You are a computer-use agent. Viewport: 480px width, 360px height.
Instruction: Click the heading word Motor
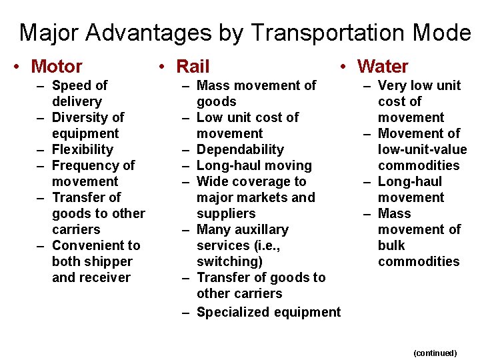point(57,67)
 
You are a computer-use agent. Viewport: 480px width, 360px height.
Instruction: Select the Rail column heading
point(193,67)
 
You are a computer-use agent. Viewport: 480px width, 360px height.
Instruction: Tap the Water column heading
point(383,67)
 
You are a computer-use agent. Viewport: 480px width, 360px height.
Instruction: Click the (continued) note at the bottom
point(435,353)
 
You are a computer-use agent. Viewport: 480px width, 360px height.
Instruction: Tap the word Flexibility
point(83,149)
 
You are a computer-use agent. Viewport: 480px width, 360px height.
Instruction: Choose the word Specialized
point(233,312)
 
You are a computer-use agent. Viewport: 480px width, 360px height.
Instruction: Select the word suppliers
point(226,213)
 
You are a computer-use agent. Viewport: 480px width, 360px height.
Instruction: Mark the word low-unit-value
point(423,149)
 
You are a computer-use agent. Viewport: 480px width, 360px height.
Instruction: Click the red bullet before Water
point(342,67)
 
